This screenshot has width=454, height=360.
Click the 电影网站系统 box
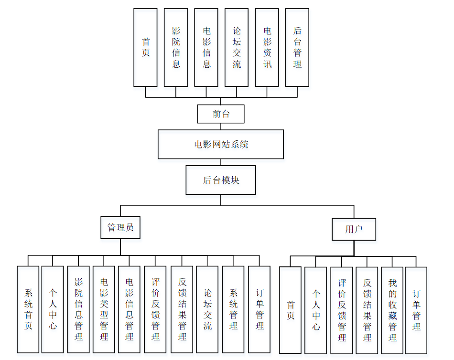pyautogui.click(x=221, y=144)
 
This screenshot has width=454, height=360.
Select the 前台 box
pyautogui.click(x=221, y=114)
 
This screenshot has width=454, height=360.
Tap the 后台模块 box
pyautogui.click(x=221, y=180)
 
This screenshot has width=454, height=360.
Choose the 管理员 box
pyautogui.click(x=120, y=228)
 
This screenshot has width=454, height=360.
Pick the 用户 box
pyautogui.click(x=354, y=229)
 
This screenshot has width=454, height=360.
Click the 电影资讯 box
pyautogui.click(x=267, y=47)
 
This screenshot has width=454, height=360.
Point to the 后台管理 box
pyautogui.click(x=297, y=47)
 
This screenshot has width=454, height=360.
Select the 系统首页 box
pyautogui.click(x=28, y=309)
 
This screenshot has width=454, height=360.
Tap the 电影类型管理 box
pyautogui.click(x=104, y=309)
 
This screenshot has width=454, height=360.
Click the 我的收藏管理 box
pyautogui.click(x=392, y=310)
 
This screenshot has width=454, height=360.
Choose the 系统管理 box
pyautogui.click(x=233, y=309)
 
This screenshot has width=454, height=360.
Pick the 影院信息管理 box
pyautogui.click(x=78, y=309)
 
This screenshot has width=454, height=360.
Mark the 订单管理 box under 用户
pyautogui.click(x=416, y=310)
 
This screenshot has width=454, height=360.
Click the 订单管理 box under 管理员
pyautogui.click(x=259, y=309)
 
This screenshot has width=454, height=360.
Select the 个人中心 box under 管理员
pyautogui.click(x=53, y=309)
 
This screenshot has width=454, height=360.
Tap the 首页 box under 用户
pyautogui.click(x=291, y=310)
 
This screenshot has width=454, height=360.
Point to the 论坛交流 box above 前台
pyautogui.click(x=237, y=47)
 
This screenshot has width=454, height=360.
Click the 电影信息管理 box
pyautogui.click(x=129, y=309)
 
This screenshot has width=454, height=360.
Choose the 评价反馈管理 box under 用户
pyautogui.click(x=342, y=310)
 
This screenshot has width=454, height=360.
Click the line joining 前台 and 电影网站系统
pyautogui.click(x=221, y=127)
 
